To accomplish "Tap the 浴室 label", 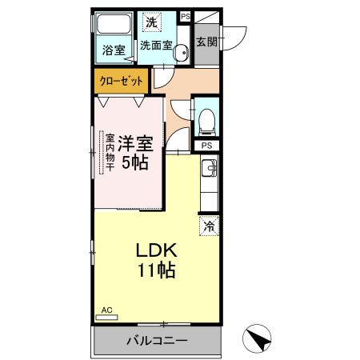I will click(114, 50).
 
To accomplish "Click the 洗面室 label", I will click(157, 46).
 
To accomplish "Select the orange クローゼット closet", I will click(121, 80).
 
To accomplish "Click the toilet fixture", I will click(206, 120).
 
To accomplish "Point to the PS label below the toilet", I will click(206, 146).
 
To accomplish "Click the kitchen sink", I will click(209, 168).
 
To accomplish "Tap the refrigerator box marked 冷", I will click(209, 226).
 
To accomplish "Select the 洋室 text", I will click(134, 145).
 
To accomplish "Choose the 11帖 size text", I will click(157, 270).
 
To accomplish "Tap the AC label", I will click(106, 310).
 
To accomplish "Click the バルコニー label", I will click(157, 342).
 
